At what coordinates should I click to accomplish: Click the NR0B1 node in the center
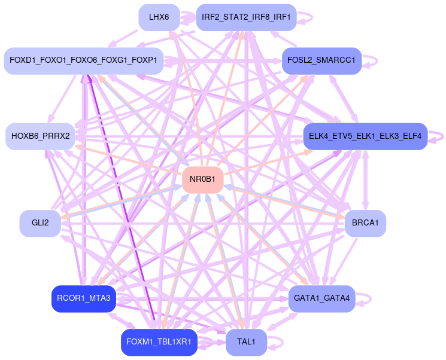tap(202, 179)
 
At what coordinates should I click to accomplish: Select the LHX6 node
tap(159, 17)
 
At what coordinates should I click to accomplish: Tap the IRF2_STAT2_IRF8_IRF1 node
tap(246, 17)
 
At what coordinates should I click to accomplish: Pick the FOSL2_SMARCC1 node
tap(321, 60)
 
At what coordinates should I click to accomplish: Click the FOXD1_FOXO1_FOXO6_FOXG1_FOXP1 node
tap(84, 60)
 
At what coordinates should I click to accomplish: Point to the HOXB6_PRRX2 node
tap(40, 136)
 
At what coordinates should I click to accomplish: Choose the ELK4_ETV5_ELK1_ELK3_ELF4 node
tap(365, 136)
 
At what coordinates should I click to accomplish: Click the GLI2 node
tap(40, 223)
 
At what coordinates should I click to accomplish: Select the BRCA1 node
tap(365, 223)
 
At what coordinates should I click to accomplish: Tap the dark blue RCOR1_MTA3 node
tap(83, 298)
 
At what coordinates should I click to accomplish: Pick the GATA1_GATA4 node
tap(322, 298)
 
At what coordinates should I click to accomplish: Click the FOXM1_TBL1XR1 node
tap(159, 342)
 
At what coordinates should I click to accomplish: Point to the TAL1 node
tap(246, 342)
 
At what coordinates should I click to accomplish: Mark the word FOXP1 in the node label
tap(144, 60)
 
